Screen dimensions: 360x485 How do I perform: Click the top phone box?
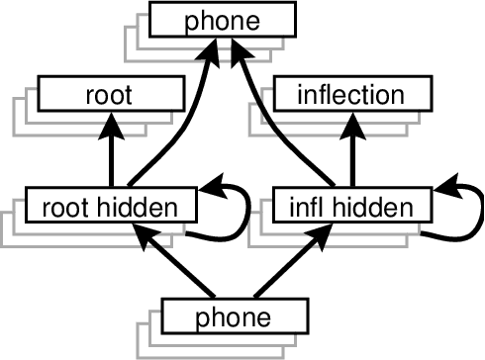(222, 19)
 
